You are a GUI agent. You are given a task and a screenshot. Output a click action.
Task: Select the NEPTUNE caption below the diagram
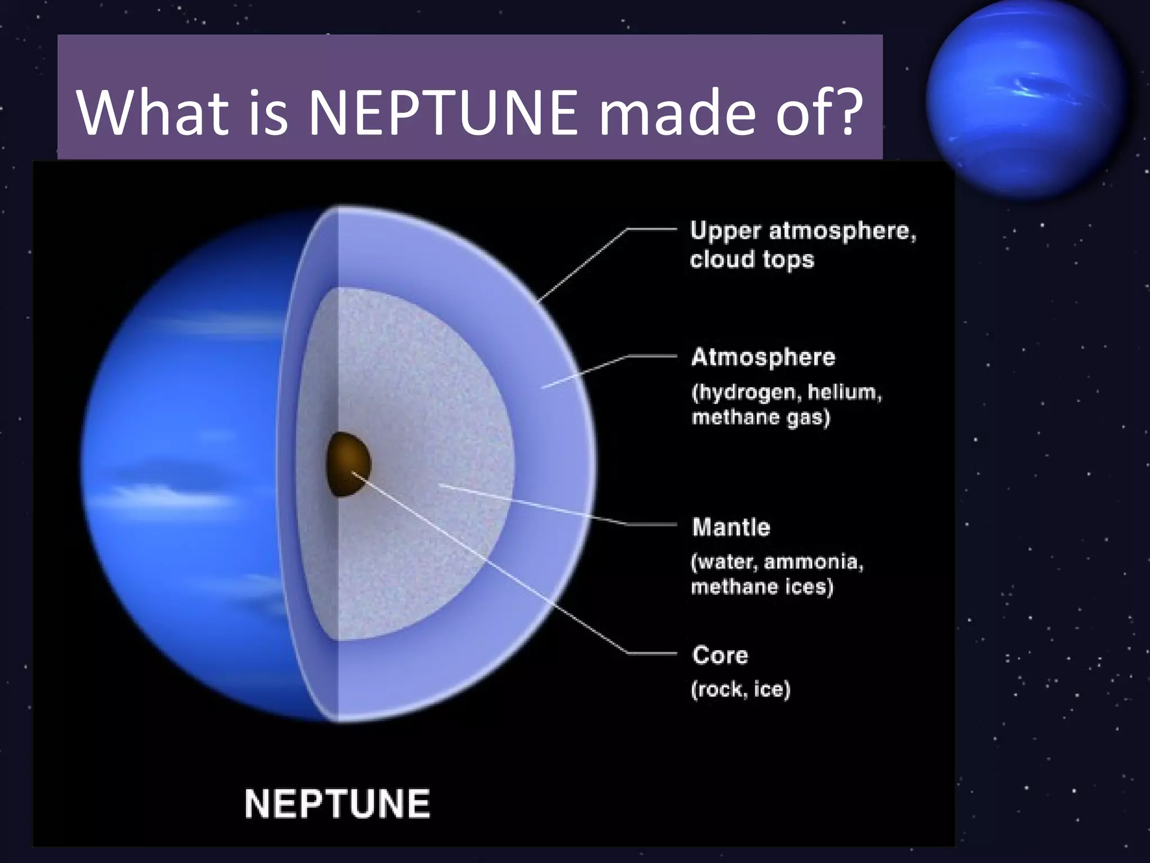tap(337, 803)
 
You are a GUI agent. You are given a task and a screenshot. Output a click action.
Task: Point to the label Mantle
tap(731, 527)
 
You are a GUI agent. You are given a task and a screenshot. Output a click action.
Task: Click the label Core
tap(720, 655)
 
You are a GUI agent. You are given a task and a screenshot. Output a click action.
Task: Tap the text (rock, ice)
tap(740, 689)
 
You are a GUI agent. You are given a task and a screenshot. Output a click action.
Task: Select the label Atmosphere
tap(763, 357)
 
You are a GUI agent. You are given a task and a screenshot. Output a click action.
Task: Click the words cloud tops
tap(752, 260)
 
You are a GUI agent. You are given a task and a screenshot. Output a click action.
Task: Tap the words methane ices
tap(761, 587)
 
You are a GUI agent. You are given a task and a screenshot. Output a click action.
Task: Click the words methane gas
tap(760, 417)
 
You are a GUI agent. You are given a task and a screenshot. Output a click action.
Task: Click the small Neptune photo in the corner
tap(1026, 100)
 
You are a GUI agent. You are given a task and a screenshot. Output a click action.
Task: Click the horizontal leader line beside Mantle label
tap(651, 525)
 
